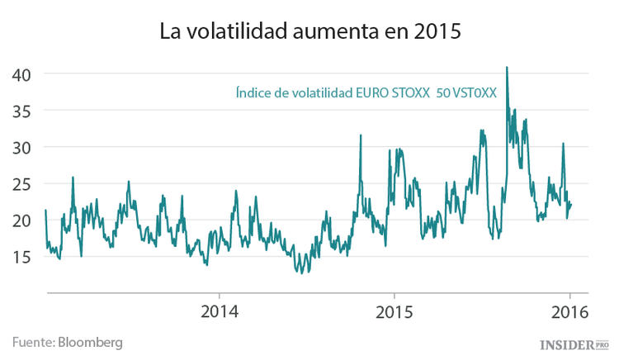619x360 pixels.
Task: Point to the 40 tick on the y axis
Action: (21, 74)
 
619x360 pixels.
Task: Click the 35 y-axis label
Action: (21, 111)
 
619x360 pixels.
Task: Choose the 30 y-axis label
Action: (21, 147)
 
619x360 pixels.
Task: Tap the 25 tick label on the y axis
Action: (21, 183)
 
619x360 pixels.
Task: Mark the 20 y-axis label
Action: (21, 220)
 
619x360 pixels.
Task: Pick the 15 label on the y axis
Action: (21, 256)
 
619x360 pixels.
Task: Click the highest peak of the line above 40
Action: (507, 68)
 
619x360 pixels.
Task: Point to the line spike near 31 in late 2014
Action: (361, 135)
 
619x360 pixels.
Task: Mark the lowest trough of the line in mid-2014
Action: (300, 272)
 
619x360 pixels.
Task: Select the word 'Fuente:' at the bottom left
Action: (33, 342)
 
